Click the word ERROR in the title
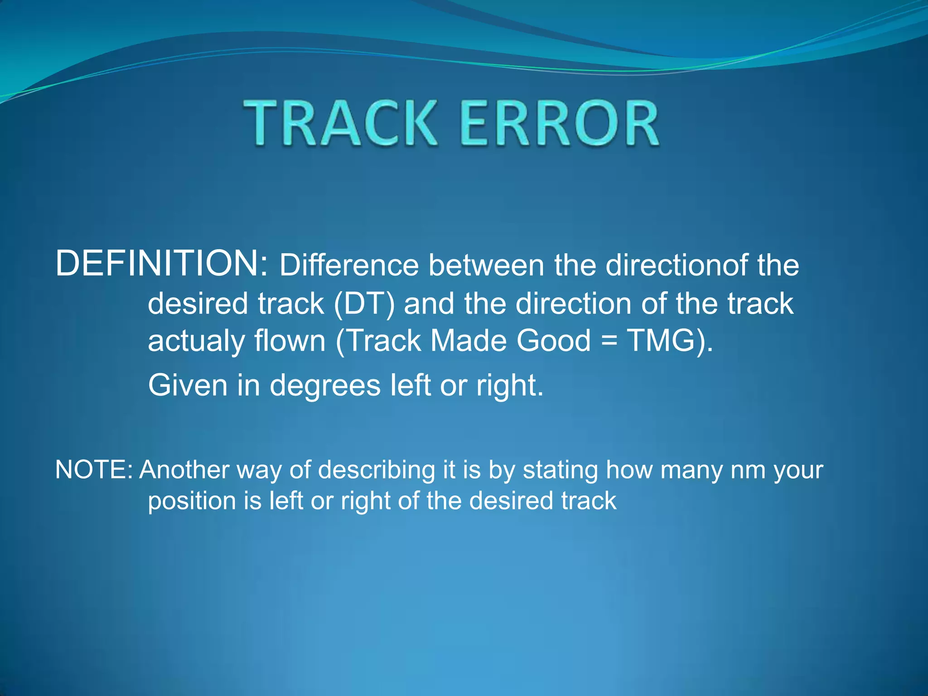click(560, 123)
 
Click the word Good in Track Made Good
click(554, 341)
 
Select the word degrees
click(325, 386)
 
